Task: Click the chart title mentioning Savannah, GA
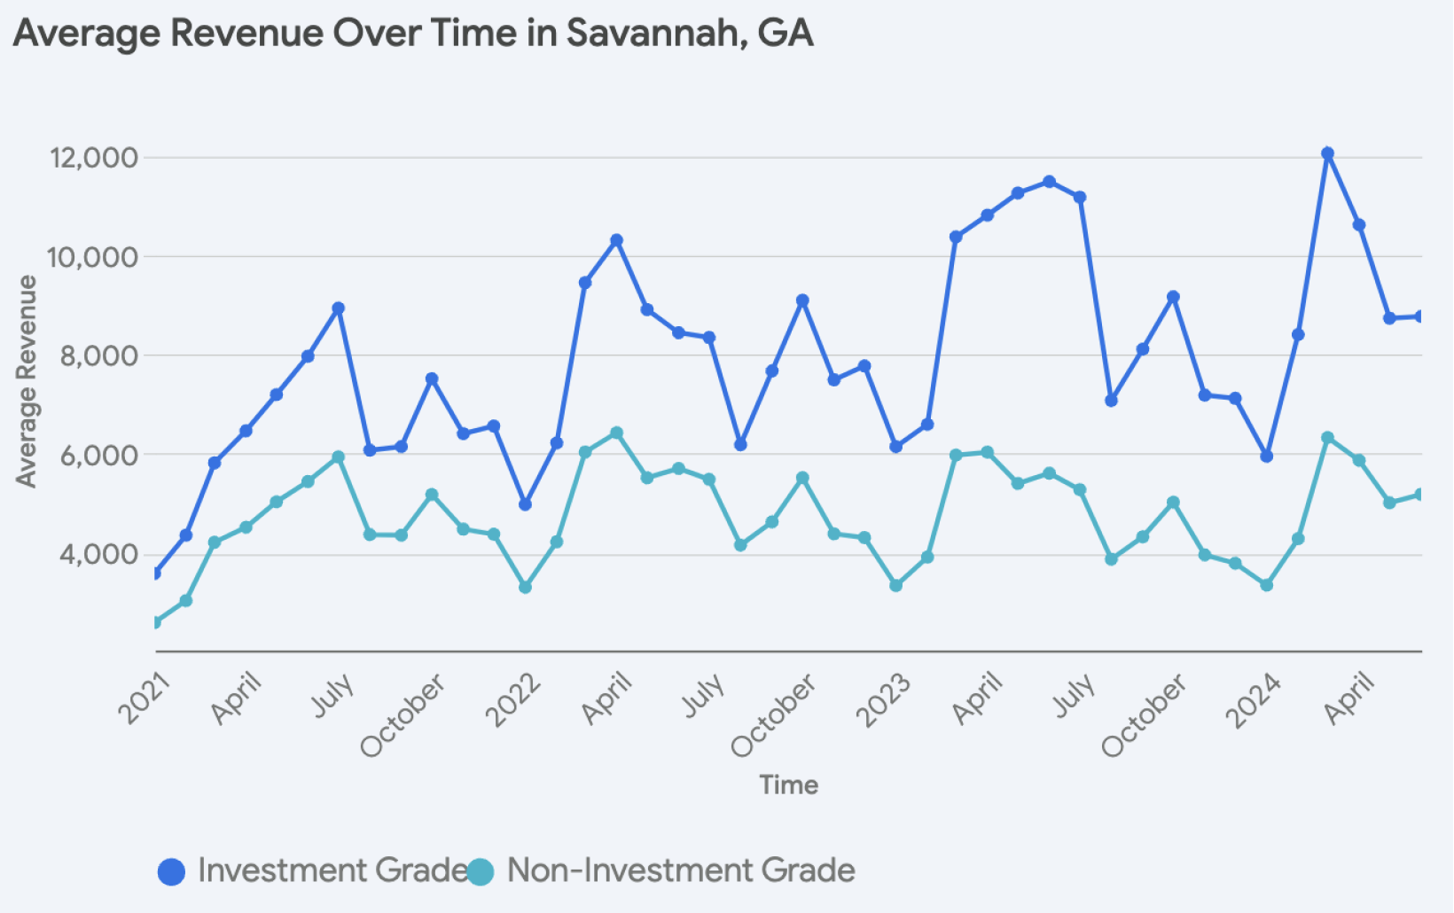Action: pyautogui.click(x=413, y=34)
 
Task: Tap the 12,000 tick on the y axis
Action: pyautogui.click(x=95, y=158)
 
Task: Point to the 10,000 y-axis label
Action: pyautogui.click(x=95, y=257)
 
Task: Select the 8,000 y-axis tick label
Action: pyautogui.click(x=99, y=355)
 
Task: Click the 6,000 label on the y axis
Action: pyautogui.click(x=99, y=455)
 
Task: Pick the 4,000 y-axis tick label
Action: pyautogui.click(x=99, y=554)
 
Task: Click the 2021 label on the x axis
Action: pyautogui.click(x=145, y=698)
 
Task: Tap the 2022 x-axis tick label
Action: pyautogui.click(x=515, y=699)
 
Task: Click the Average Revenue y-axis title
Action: pyautogui.click(x=27, y=381)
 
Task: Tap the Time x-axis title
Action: pyautogui.click(x=788, y=784)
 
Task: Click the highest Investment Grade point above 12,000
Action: pyautogui.click(x=1327, y=153)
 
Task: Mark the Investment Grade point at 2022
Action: pyautogui.click(x=525, y=504)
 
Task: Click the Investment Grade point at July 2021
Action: pyautogui.click(x=338, y=308)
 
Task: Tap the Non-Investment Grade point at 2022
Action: pyautogui.click(x=525, y=587)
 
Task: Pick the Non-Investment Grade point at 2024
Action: pyautogui.click(x=1266, y=585)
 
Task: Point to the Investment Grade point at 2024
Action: pyautogui.click(x=1266, y=456)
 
